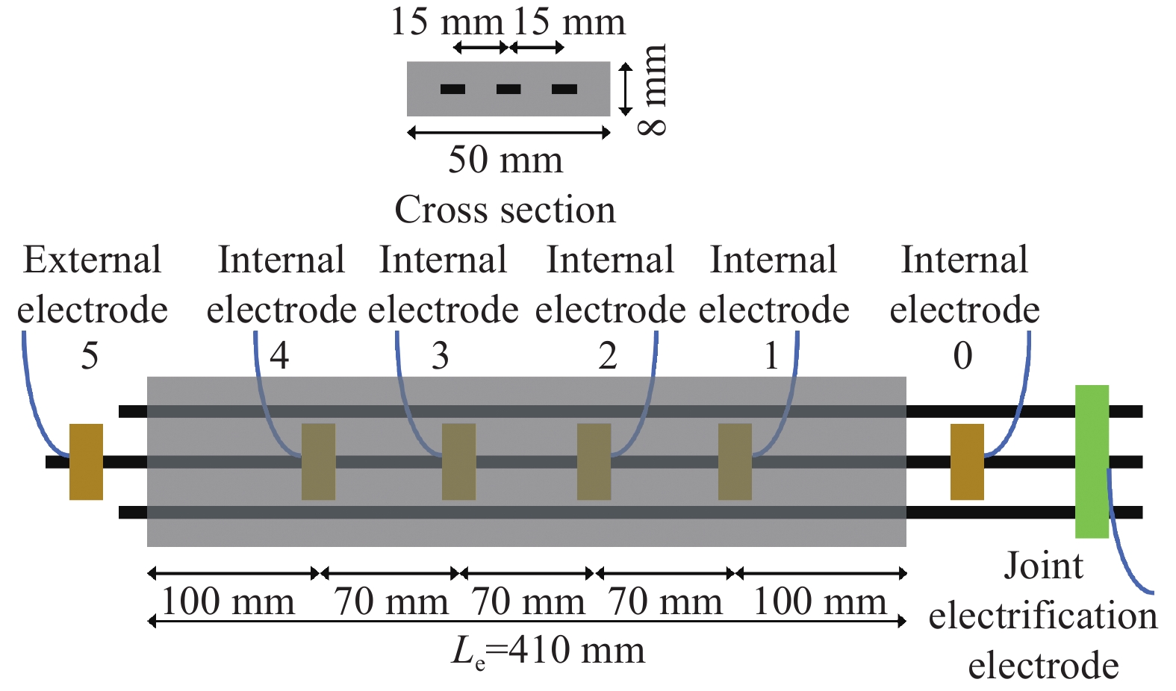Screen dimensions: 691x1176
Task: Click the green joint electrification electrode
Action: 1091,461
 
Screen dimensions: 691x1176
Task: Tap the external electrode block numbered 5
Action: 86,461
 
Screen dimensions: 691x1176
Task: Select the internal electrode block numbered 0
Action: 966,461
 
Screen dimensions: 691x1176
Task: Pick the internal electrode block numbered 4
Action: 318,461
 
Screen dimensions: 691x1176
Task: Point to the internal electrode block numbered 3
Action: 458,461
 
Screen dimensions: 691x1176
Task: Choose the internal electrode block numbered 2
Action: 594,461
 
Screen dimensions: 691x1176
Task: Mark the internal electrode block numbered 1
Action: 735,461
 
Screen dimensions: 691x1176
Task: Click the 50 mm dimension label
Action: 505,160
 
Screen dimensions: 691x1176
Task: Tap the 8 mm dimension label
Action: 653,90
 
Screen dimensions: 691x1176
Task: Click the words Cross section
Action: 505,210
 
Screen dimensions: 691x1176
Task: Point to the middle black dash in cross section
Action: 508,90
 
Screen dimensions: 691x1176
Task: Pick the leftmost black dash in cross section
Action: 453,90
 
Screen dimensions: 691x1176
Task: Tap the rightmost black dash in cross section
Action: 564,90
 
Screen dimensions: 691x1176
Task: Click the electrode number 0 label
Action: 963,356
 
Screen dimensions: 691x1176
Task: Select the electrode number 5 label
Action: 90,356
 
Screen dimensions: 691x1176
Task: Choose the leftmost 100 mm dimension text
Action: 228,601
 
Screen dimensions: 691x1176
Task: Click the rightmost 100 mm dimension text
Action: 820,601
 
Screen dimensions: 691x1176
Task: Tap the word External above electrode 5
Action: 93,260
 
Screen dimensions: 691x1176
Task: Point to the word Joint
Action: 1043,566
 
